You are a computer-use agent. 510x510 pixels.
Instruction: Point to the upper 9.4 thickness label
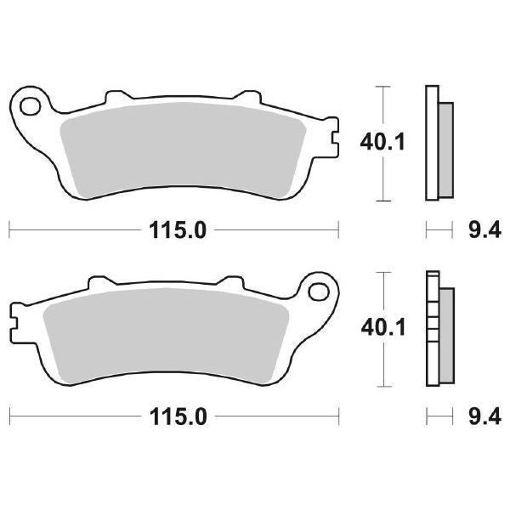point(480,229)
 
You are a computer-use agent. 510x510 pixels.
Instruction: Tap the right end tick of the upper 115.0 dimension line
point(339,229)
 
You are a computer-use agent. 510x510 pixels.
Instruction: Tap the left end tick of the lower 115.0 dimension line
point(9,416)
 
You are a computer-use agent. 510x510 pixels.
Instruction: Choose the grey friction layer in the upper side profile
point(445,146)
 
